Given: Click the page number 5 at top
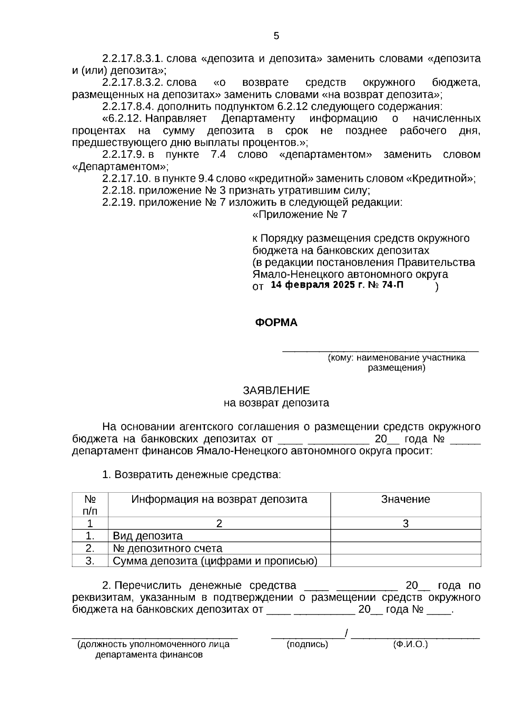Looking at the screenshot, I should (276, 36).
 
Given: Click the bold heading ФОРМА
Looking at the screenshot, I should (276, 323).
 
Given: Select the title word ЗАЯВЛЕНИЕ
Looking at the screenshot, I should (276, 390).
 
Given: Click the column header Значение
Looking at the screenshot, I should (405, 499).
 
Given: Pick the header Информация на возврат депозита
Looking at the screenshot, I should (219, 499).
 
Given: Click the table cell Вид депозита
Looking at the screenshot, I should (148, 536).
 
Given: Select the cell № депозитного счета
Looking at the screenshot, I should (167, 549).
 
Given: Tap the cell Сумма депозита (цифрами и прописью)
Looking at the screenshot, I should (215, 561).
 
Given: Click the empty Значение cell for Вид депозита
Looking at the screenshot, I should (405, 536).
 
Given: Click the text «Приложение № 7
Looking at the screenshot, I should (300, 215).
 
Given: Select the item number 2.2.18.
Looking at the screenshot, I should (119, 191).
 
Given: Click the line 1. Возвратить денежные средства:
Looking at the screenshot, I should (191, 475).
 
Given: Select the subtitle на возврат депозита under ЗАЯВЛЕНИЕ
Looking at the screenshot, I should (276, 403).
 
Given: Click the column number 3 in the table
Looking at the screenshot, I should (405, 524).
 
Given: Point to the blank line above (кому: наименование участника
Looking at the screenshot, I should (380, 349).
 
